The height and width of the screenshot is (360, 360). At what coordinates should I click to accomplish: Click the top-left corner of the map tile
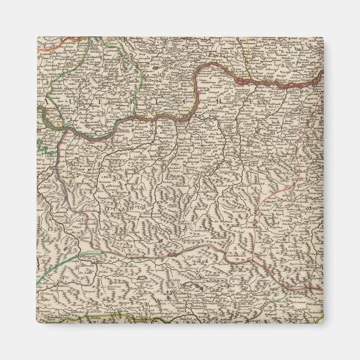37,37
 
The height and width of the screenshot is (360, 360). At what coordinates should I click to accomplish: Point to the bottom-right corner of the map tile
323,323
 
